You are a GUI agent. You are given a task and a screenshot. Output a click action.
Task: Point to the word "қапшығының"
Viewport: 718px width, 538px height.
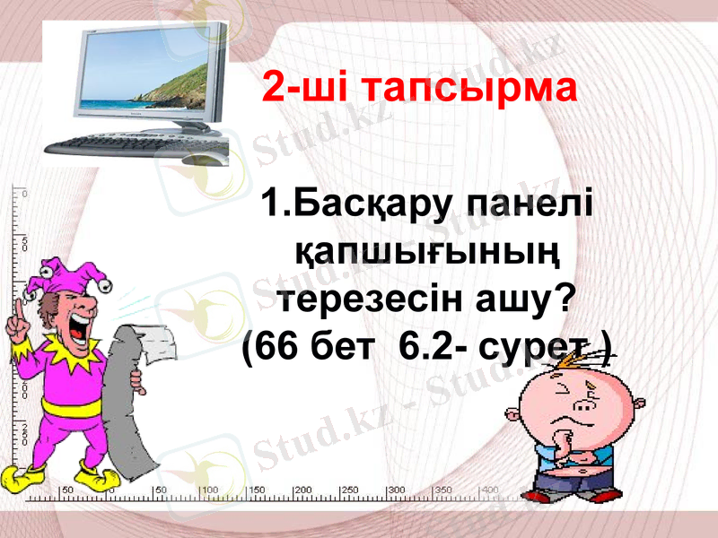click(x=426, y=252)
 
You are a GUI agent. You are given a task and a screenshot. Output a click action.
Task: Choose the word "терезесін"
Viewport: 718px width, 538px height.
click(x=372, y=299)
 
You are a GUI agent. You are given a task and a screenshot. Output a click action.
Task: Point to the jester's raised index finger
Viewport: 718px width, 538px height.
click(x=15, y=305)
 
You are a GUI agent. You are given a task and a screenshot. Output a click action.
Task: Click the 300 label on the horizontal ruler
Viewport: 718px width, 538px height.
click(x=396, y=490)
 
